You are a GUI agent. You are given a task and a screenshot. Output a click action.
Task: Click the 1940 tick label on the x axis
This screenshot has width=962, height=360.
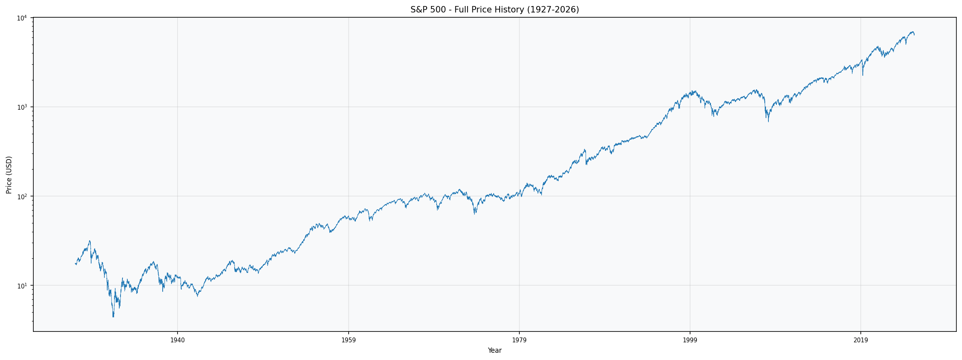[x=178, y=340]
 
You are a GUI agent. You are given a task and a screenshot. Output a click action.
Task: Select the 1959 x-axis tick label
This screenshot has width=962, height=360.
[x=348, y=340]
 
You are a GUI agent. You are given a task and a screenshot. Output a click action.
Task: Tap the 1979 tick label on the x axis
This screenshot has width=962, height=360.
[x=519, y=340]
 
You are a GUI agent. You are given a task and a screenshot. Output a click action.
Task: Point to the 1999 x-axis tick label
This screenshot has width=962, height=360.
[x=690, y=340]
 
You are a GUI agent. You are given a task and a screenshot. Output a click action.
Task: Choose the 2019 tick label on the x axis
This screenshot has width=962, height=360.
[x=860, y=340]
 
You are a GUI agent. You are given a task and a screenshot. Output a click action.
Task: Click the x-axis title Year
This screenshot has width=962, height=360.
[x=494, y=351]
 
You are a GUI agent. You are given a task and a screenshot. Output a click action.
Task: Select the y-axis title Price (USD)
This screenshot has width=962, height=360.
[x=9, y=175]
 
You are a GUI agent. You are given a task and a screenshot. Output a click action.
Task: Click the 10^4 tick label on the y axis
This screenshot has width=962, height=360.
[x=22, y=18]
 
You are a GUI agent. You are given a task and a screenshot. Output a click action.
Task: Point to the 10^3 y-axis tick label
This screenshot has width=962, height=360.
[x=22, y=107]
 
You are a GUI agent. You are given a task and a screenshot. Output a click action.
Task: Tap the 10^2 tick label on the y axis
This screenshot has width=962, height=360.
[x=22, y=196]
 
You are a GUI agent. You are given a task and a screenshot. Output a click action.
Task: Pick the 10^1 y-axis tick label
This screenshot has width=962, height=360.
[x=22, y=286]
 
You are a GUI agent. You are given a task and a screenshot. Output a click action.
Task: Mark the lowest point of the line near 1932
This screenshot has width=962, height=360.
[x=113, y=316]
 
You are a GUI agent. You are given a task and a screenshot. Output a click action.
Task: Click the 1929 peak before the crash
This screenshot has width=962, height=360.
[x=90, y=241]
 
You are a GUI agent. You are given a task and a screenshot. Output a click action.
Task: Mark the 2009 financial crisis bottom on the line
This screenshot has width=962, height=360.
[x=768, y=121]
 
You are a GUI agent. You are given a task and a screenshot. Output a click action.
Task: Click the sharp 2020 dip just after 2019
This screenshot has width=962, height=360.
[x=862, y=75]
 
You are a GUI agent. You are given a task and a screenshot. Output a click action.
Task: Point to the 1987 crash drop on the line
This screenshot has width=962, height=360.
[x=586, y=164]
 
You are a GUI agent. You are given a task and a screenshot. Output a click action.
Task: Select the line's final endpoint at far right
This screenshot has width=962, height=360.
[x=914, y=35]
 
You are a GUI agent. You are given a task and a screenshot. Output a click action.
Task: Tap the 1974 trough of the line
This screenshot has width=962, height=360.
[x=475, y=213]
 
